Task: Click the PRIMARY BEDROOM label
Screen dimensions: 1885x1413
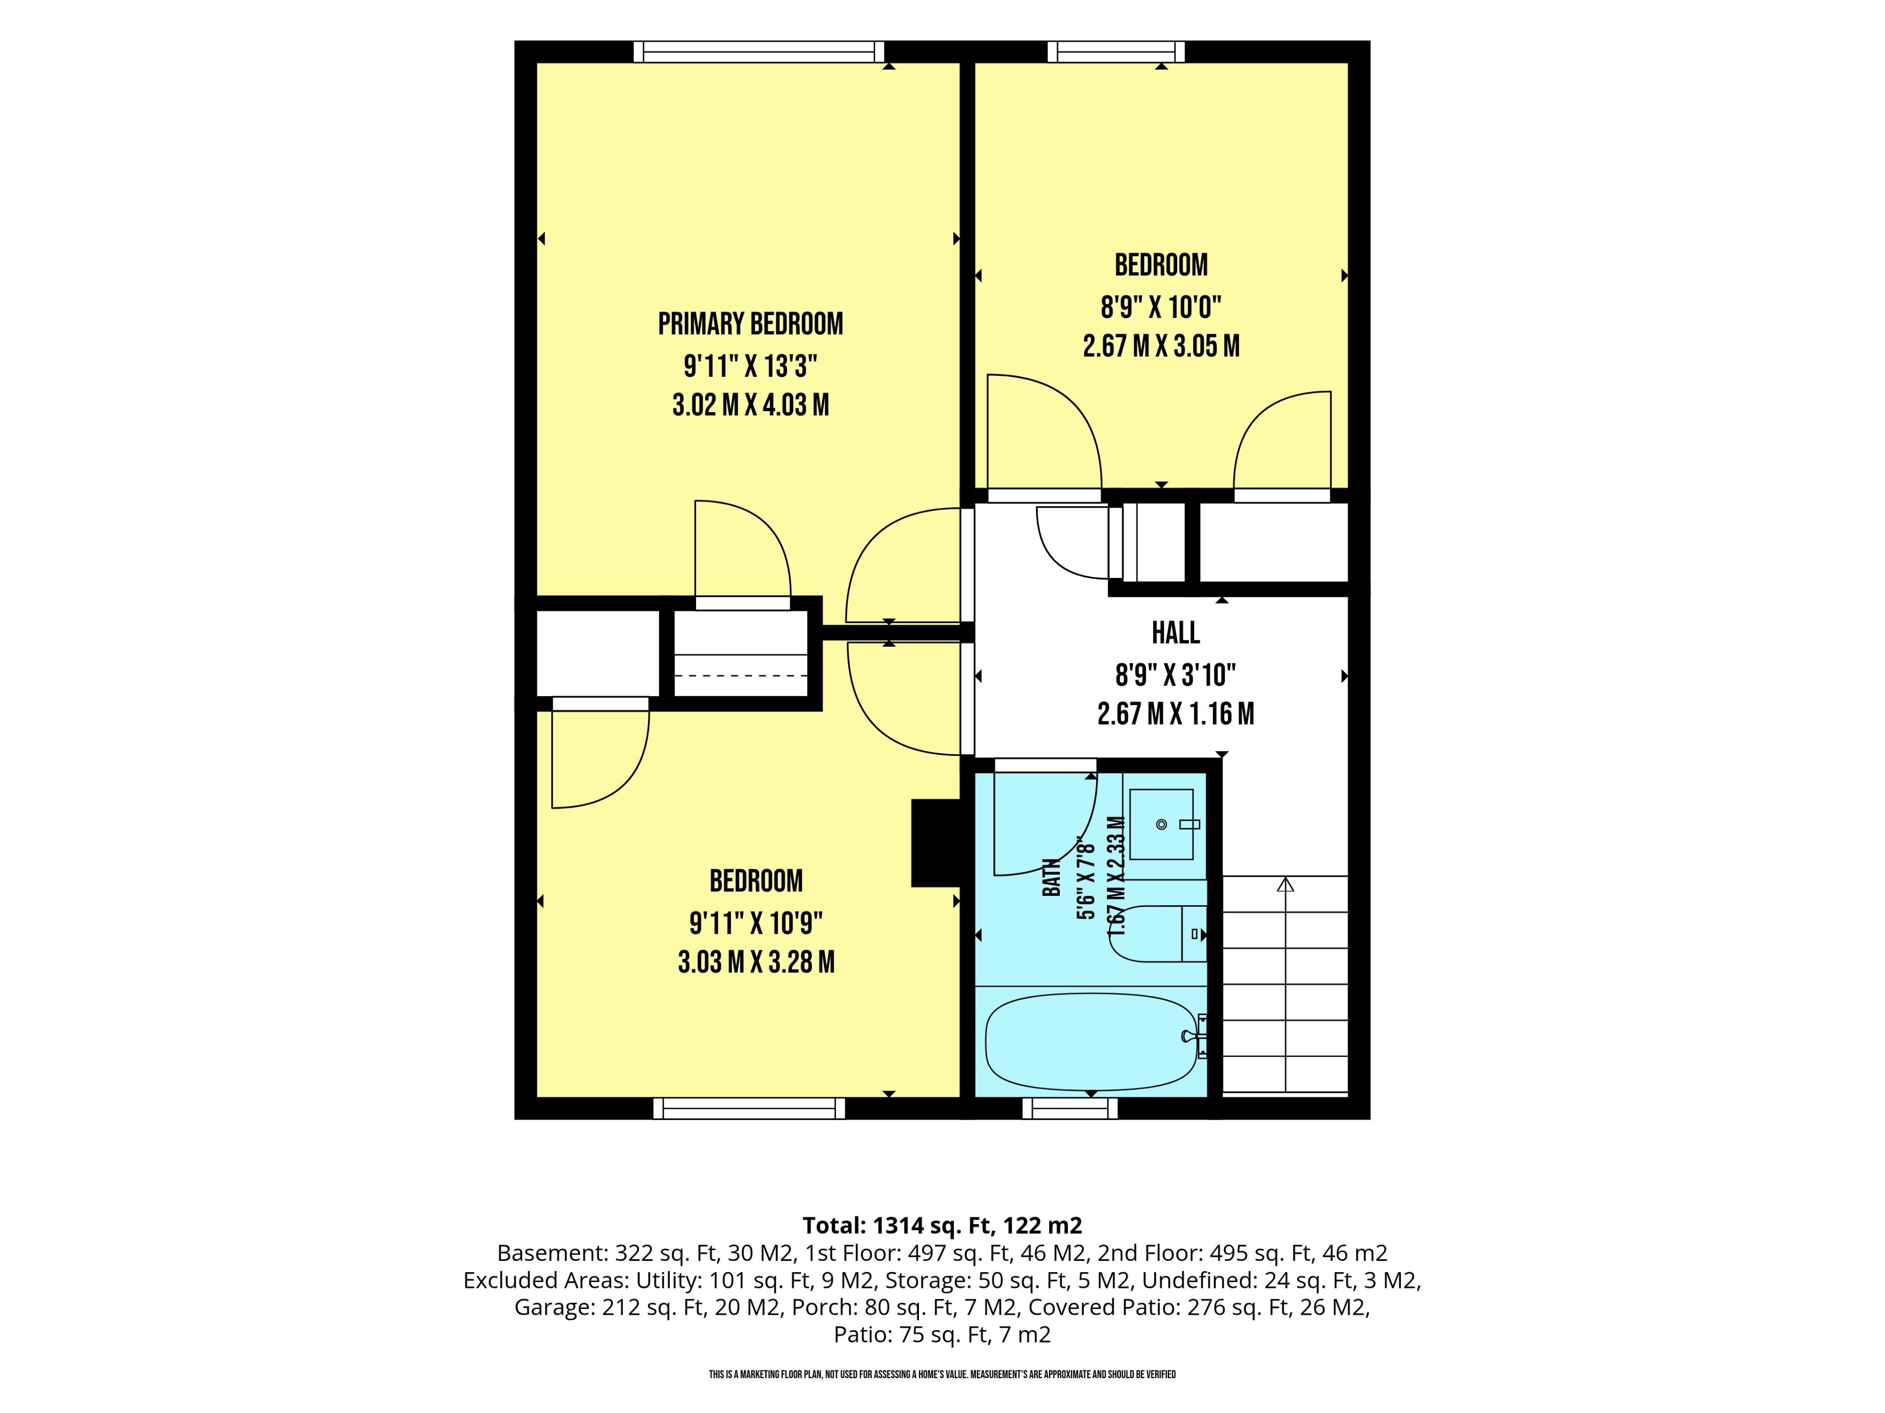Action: point(751,324)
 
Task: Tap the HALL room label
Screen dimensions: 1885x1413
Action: point(1176,633)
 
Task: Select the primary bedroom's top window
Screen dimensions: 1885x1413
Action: point(758,52)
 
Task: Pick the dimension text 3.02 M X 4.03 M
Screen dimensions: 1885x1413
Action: point(751,405)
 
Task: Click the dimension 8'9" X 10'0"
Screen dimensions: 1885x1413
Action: point(1160,307)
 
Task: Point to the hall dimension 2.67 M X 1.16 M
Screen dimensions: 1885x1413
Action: point(1176,714)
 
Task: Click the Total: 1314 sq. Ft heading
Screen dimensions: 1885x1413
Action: point(942,1226)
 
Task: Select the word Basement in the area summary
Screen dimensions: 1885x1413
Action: point(550,1253)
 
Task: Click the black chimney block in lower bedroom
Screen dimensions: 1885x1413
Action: point(937,842)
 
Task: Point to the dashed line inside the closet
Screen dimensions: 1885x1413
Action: point(741,676)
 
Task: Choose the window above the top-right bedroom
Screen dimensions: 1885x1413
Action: point(1116,52)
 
